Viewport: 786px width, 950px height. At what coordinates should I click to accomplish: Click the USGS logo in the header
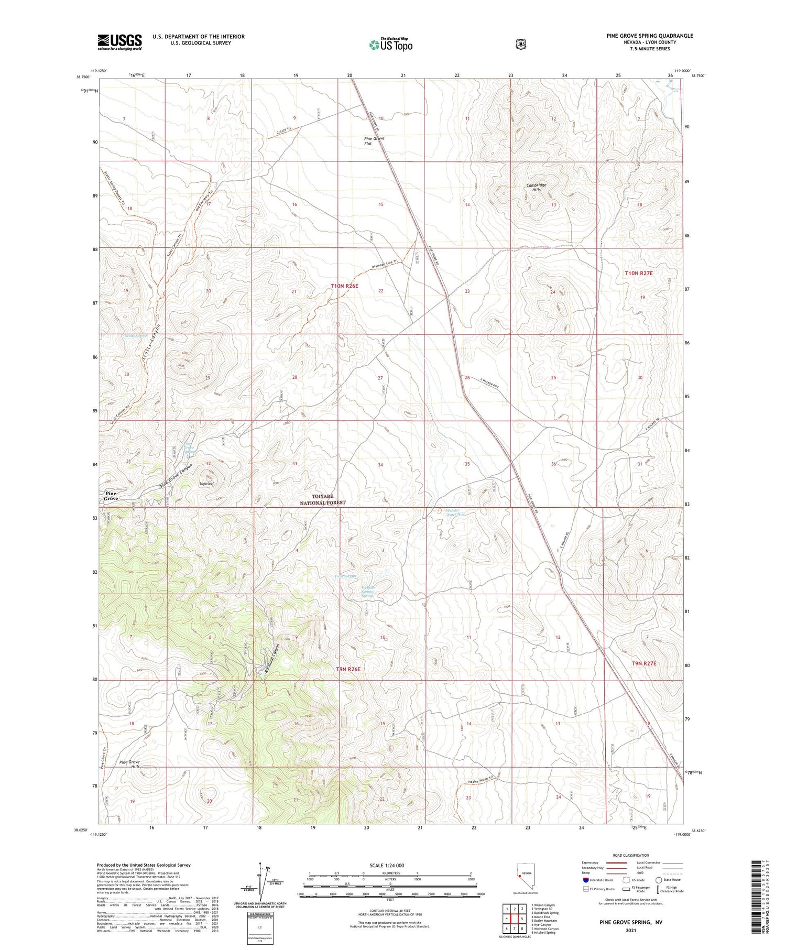[x=119, y=42]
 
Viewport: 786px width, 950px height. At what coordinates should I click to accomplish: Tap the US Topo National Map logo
[x=390, y=45]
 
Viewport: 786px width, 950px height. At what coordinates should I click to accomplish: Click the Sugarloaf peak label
[x=205, y=485]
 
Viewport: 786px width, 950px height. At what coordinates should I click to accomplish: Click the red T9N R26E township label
[x=349, y=669]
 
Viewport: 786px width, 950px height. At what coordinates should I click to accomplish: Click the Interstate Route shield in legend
[x=585, y=880]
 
